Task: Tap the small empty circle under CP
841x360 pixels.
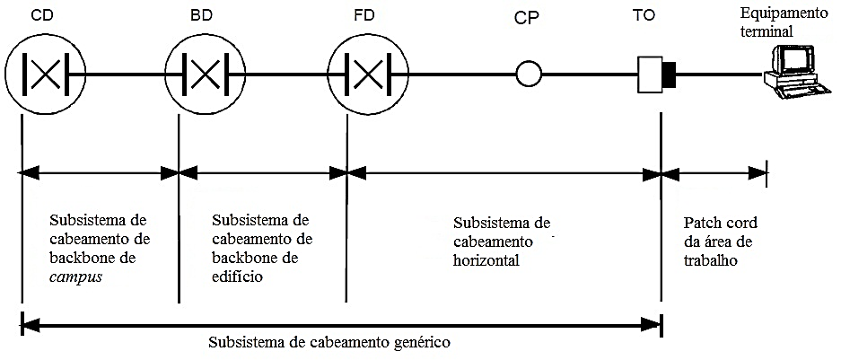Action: pyautogui.click(x=529, y=74)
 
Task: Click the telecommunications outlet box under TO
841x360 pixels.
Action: pyautogui.click(x=650, y=74)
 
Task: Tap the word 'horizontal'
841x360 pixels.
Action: pyautogui.click(x=486, y=260)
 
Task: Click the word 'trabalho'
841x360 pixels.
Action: pyautogui.click(x=710, y=262)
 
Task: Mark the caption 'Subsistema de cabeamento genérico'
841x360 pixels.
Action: pyautogui.click(x=329, y=342)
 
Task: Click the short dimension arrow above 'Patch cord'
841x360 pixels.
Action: pyautogui.click(x=714, y=171)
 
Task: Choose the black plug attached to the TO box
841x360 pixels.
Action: pyautogui.click(x=670, y=74)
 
